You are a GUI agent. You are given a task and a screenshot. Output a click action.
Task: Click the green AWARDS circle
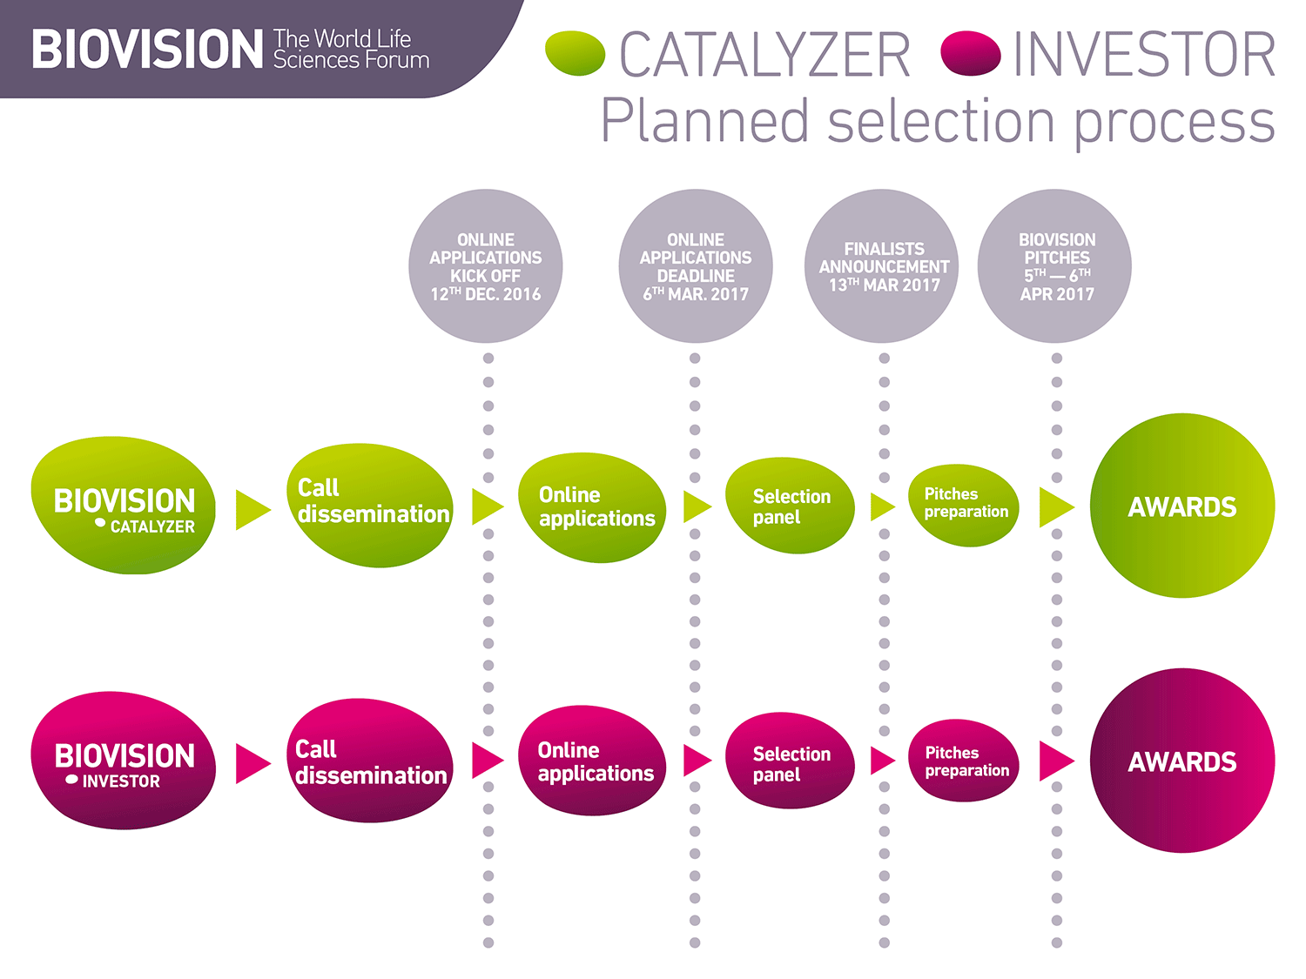tap(1181, 506)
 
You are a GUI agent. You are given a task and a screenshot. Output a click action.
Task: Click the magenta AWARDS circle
tap(1181, 761)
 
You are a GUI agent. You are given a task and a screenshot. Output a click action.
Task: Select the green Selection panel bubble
tap(789, 506)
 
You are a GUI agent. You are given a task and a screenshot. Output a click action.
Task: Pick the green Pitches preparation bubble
tap(964, 505)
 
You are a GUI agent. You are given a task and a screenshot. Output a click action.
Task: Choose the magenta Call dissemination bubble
tap(371, 761)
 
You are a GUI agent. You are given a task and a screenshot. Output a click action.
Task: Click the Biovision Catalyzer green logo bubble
tap(123, 506)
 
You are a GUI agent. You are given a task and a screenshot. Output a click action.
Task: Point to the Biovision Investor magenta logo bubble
tap(123, 761)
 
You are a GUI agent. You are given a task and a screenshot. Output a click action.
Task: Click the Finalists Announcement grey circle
tap(883, 266)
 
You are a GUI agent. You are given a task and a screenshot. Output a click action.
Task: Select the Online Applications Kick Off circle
tap(486, 266)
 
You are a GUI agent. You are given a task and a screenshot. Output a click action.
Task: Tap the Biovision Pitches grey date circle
tap(1055, 266)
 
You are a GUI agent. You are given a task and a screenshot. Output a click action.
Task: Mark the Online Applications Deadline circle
tap(695, 266)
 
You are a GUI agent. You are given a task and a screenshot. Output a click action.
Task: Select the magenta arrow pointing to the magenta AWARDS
tap(1054, 761)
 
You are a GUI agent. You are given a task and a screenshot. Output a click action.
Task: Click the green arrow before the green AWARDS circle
tap(1054, 507)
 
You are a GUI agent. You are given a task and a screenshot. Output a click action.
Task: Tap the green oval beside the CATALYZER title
tap(575, 53)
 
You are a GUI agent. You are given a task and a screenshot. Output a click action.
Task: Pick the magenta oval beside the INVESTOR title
tap(971, 53)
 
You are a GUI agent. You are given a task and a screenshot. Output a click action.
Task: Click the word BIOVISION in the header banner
tap(146, 49)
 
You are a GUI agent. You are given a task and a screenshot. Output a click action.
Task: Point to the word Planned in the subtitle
tap(705, 121)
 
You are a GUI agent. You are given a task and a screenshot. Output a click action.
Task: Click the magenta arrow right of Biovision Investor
tap(251, 763)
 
